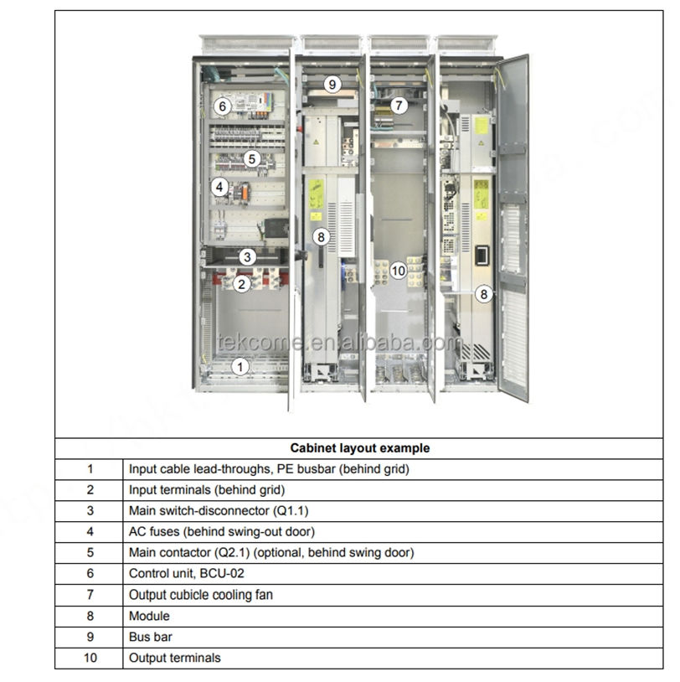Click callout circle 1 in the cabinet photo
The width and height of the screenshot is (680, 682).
click(240, 366)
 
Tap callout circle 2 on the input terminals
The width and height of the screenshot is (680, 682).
click(242, 284)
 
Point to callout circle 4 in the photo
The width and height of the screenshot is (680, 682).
click(219, 187)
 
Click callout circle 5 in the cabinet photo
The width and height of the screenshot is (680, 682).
click(252, 158)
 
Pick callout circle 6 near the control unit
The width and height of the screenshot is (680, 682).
click(222, 106)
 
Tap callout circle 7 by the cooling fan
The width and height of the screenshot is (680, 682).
click(399, 106)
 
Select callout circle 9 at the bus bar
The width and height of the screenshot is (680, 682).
click(332, 84)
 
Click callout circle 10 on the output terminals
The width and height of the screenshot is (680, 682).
click(399, 270)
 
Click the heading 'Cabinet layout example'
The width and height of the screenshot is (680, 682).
click(360, 448)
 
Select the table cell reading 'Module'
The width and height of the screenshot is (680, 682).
click(149, 616)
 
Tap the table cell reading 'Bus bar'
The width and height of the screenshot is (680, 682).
click(150, 637)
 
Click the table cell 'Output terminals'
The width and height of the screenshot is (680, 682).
click(175, 658)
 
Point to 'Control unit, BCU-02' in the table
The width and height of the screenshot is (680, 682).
click(187, 574)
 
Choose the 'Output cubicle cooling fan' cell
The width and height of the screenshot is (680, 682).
click(201, 595)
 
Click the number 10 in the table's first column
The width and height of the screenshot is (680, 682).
click(90, 658)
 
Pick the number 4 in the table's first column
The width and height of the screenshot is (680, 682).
click(90, 532)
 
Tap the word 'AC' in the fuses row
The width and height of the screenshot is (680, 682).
click(138, 532)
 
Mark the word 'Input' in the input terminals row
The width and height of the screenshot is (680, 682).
click(145, 490)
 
